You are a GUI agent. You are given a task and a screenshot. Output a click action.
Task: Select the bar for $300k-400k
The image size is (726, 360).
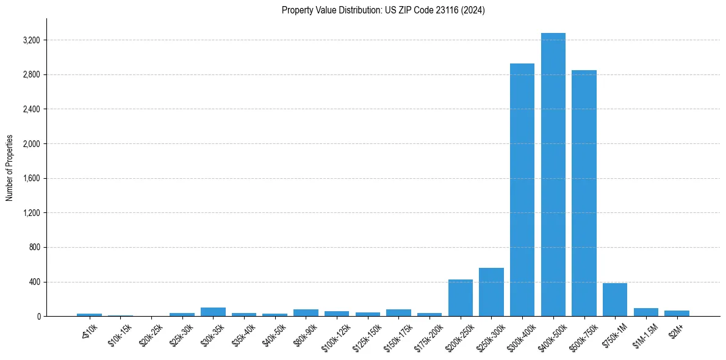(522, 190)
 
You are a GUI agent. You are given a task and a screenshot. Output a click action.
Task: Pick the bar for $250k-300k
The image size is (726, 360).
(491, 292)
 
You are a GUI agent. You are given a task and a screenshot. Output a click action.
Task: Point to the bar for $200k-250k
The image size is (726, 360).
(461, 298)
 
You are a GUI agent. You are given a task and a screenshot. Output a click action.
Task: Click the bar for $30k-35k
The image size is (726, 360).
(213, 312)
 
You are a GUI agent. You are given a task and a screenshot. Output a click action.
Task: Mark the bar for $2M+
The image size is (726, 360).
(677, 313)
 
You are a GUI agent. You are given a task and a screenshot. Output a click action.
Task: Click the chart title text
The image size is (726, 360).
(383, 10)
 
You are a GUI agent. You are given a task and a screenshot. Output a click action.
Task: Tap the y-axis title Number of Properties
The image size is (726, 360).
(10, 167)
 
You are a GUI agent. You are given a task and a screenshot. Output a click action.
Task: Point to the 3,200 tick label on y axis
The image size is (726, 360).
(30, 40)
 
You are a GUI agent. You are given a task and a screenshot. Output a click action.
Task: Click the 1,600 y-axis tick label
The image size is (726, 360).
(30, 179)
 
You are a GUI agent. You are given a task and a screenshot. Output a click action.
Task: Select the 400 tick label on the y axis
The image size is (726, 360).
(34, 282)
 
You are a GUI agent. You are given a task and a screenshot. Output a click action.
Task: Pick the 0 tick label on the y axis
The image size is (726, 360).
(38, 317)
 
